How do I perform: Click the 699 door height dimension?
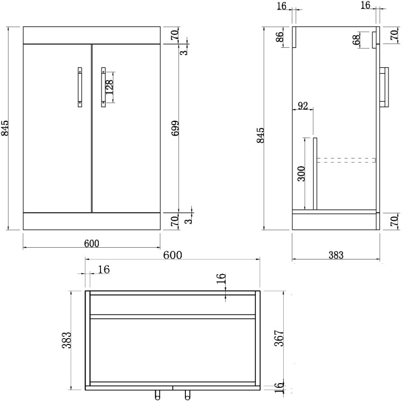point(175,128)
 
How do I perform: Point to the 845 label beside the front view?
point(6,128)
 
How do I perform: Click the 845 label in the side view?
point(262,136)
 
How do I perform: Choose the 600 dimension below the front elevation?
point(91,243)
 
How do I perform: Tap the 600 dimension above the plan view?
point(172,255)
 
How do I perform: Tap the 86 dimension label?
point(280,39)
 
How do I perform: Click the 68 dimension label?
point(357,41)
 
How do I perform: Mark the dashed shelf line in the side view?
point(346,160)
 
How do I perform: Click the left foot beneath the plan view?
point(157,395)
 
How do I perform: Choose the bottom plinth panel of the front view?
point(91,221)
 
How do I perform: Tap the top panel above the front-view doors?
point(91,35)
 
